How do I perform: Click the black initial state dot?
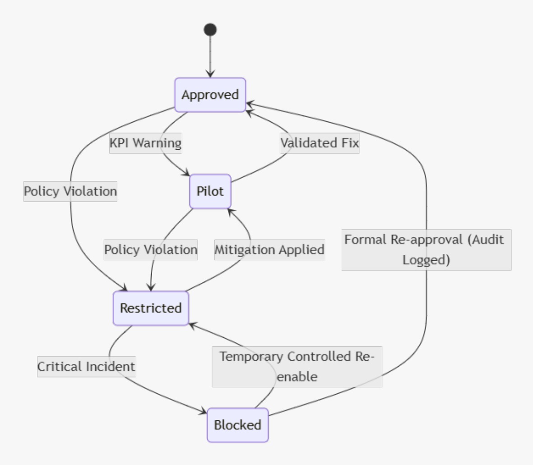coord(210,30)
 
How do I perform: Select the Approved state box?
coord(210,95)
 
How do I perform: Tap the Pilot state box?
coord(210,191)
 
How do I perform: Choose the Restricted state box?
coord(151,308)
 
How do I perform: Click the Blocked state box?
coord(238,425)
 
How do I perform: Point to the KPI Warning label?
coord(145,143)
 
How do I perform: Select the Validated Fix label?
coord(320,143)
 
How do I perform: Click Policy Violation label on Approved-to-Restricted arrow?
coord(70,191)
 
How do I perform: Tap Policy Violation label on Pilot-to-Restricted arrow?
coord(151,249)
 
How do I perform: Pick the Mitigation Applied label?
coord(269,249)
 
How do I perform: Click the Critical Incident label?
coord(86,366)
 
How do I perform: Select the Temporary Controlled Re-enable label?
coord(297,366)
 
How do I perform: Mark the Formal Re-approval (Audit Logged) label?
coord(426,249)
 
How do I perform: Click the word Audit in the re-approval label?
coord(486,239)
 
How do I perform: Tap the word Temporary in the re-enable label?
coord(252,356)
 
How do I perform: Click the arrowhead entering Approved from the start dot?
coord(210,74)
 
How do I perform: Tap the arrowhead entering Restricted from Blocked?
coord(191,322)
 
